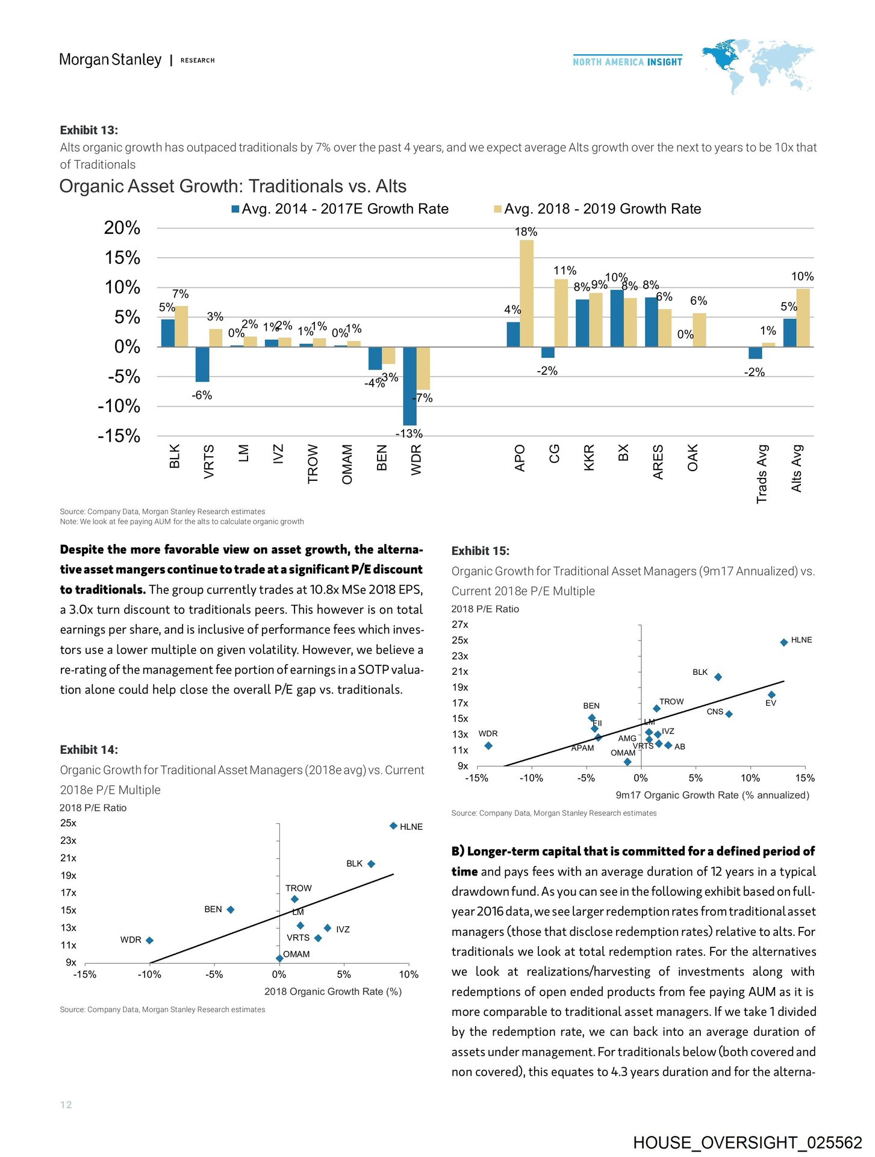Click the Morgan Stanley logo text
tap(110, 60)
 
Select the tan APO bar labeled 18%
tap(526, 293)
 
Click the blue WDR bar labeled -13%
tap(409, 386)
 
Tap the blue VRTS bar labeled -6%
tap(202, 364)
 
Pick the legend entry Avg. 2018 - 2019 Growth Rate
tap(597, 209)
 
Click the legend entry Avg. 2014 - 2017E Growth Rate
tap(340, 209)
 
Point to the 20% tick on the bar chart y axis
tap(122, 228)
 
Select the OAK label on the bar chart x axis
tap(693, 457)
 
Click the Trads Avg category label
tap(762, 474)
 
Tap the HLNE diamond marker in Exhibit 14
tap(393, 826)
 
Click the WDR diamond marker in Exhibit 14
tap(149, 940)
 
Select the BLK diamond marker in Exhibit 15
tap(718, 677)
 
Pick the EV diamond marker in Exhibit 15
tap(772, 695)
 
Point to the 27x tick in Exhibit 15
tap(460, 624)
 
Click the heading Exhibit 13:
tap(89, 130)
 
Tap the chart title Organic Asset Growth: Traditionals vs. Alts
tap(233, 186)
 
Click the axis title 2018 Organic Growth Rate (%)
tap(333, 991)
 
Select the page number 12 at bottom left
tap(66, 1104)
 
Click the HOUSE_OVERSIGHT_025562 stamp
tap(747, 1143)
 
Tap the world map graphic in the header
tap(758, 65)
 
